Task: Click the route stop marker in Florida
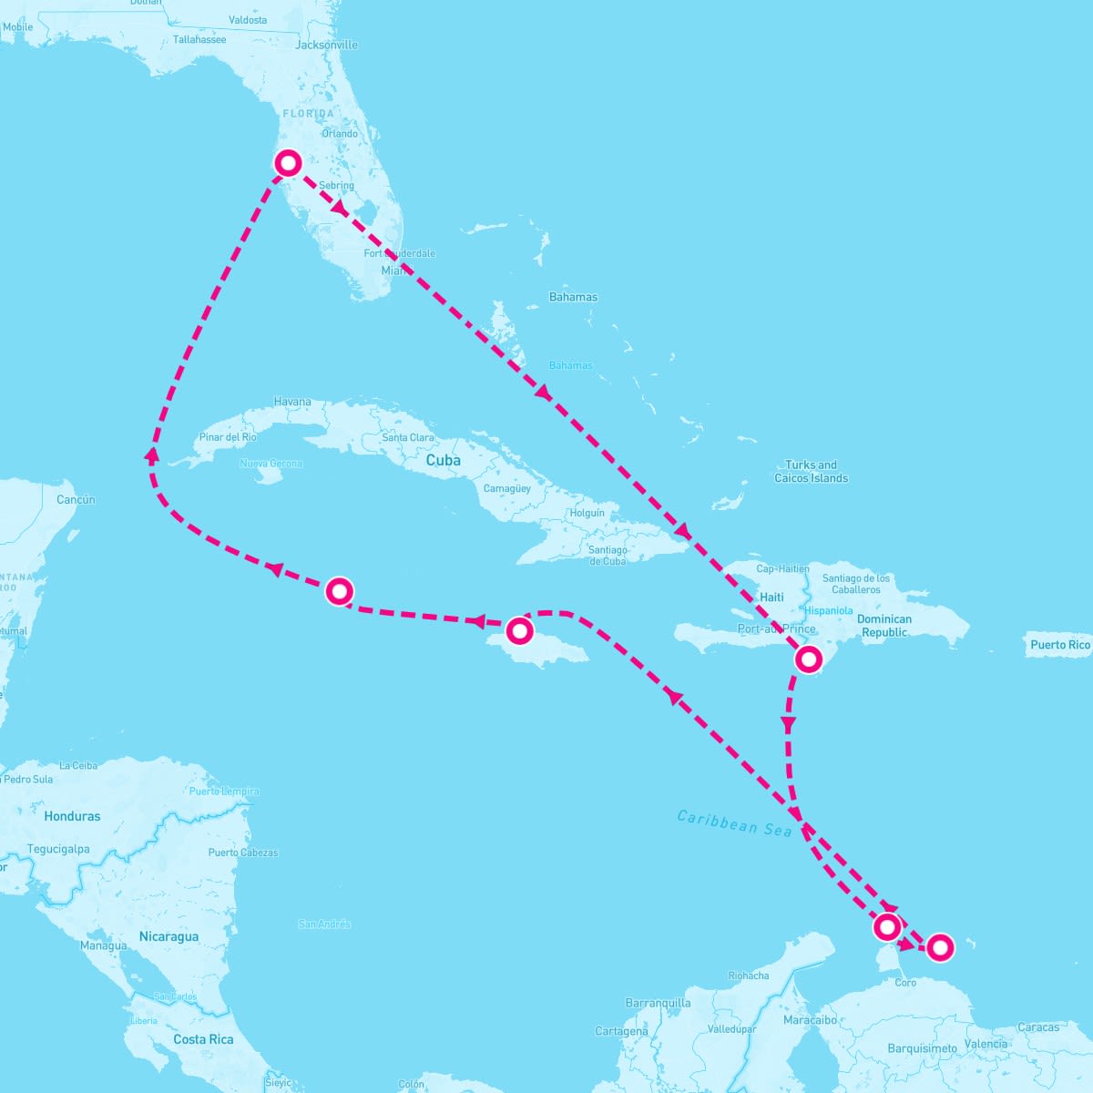tap(288, 163)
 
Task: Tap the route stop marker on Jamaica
tap(518, 630)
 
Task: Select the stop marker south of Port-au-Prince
tap(808, 659)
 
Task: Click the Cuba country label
tap(444, 461)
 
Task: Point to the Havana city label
tap(292, 402)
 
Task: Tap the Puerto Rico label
tap(1060, 645)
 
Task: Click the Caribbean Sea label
tap(735, 823)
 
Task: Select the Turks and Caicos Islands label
tap(811, 471)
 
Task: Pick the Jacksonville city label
tap(327, 45)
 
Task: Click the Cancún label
tap(76, 499)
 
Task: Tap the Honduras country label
tap(72, 816)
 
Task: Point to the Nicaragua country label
tap(169, 936)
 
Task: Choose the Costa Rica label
tap(203, 1039)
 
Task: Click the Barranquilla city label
tap(658, 1003)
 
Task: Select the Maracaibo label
tap(811, 1020)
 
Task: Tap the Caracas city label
tap(1038, 1027)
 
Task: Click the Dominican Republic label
tap(884, 626)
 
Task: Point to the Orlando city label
tap(340, 134)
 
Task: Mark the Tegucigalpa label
tap(58, 849)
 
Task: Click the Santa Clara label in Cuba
tap(408, 438)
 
